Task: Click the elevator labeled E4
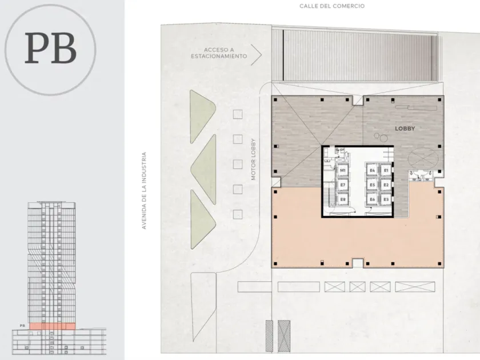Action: click(x=372, y=170)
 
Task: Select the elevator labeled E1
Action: click(x=386, y=170)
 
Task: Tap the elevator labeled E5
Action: click(x=372, y=185)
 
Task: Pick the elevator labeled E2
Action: click(x=386, y=185)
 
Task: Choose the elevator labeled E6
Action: click(x=372, y=199)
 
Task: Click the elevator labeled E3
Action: click(x=386, y=199)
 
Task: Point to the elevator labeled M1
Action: click(x=342, y=170)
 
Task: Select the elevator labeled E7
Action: click(x=342, y=185)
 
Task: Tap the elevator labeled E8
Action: click(x=342, y=199)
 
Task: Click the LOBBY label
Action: click(x=405, y=129)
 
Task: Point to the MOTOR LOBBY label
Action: click(x=253, y=159)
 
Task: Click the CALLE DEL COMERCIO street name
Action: click(x=332, y=6)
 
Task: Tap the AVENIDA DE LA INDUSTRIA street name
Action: click(x=144, y=190)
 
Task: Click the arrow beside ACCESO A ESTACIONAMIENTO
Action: click(x=256, y=55)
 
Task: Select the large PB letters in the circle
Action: click(x=50, y=48)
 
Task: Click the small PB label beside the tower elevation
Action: click(x=22, y=326)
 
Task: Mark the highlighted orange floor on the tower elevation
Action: click(x=53, y=326)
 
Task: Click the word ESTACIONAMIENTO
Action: click(x=219, y=57)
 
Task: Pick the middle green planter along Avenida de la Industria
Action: click(x=204, y=169)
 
